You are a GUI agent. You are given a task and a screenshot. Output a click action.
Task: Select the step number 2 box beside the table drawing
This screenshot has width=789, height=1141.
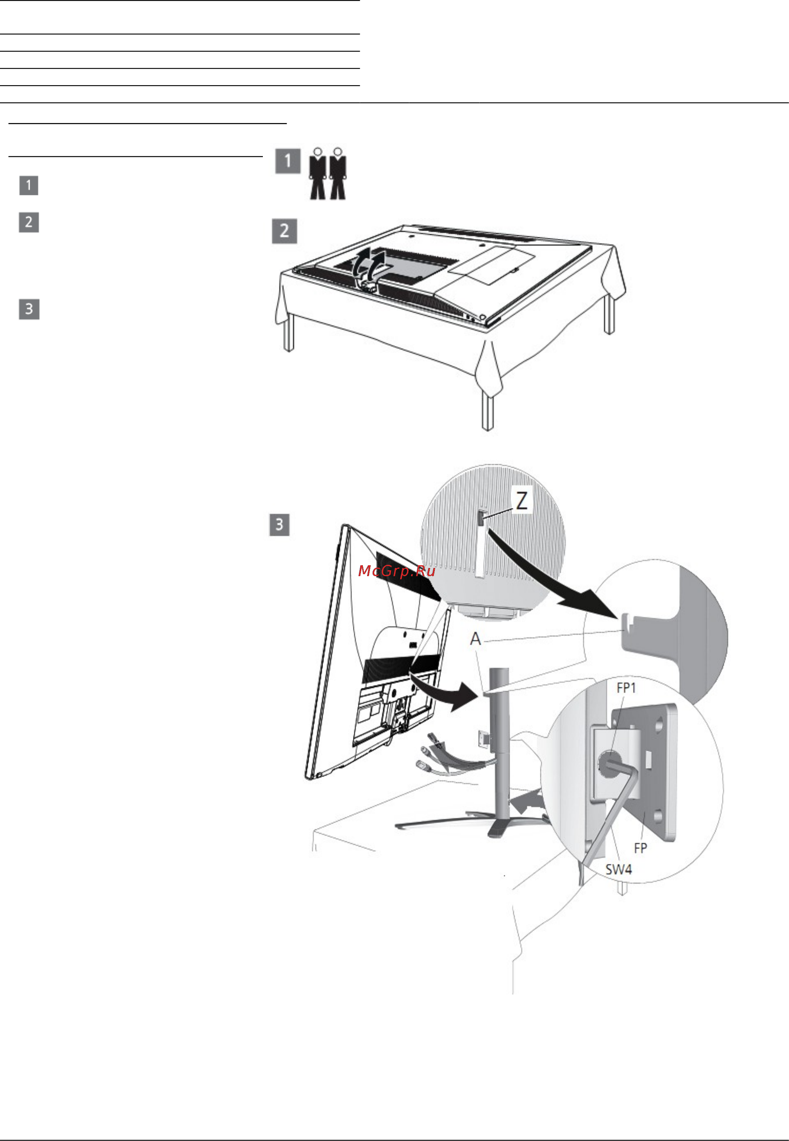284,231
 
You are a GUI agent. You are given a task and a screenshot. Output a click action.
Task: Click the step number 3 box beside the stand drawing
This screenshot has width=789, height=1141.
279,525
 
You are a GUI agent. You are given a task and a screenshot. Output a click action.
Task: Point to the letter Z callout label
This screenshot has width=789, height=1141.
521,501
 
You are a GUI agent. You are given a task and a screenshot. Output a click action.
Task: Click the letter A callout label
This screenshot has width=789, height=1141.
475,639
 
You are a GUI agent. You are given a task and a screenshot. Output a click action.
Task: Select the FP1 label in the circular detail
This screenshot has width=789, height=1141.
627,687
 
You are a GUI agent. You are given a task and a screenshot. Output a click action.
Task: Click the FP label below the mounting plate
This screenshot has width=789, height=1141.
640,848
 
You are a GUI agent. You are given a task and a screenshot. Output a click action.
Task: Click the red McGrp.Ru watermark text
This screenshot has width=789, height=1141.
396,571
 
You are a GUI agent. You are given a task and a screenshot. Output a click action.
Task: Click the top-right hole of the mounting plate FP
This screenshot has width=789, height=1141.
659,727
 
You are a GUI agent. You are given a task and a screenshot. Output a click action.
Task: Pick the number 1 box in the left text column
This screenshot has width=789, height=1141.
29,186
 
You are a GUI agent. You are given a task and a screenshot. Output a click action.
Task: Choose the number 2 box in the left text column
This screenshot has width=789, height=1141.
29,222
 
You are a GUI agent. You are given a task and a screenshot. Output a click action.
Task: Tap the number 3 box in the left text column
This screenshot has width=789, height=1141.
29,309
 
